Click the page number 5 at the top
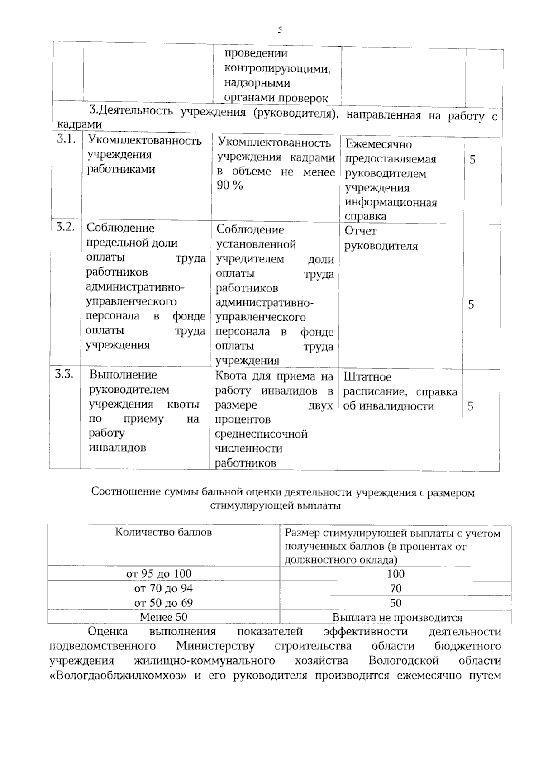280,30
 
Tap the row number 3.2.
65,227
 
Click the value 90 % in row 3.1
230,186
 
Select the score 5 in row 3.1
472,160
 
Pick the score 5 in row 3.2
471,305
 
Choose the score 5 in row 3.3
471,406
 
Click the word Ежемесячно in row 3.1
379,144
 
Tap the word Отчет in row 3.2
361,231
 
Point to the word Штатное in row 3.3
367,377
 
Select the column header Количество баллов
163,532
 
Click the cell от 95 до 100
159,574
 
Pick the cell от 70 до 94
163,588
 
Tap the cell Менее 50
163,617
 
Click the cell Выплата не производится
397,618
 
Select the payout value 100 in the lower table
395,574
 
